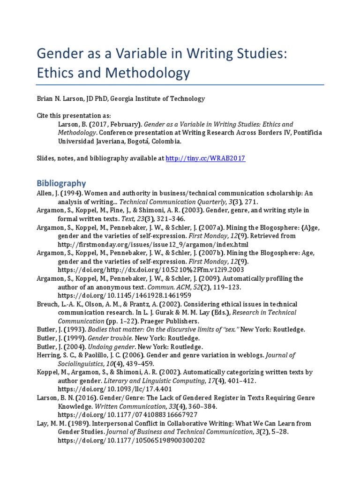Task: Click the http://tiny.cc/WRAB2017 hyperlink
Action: coord(205,158)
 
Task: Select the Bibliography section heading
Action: coord(61,183)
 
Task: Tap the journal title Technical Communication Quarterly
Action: coord(160,202)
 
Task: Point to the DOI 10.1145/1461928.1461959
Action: coord(124,295)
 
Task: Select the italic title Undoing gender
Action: coord(103,346)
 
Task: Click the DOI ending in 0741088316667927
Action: coord(127,414)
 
